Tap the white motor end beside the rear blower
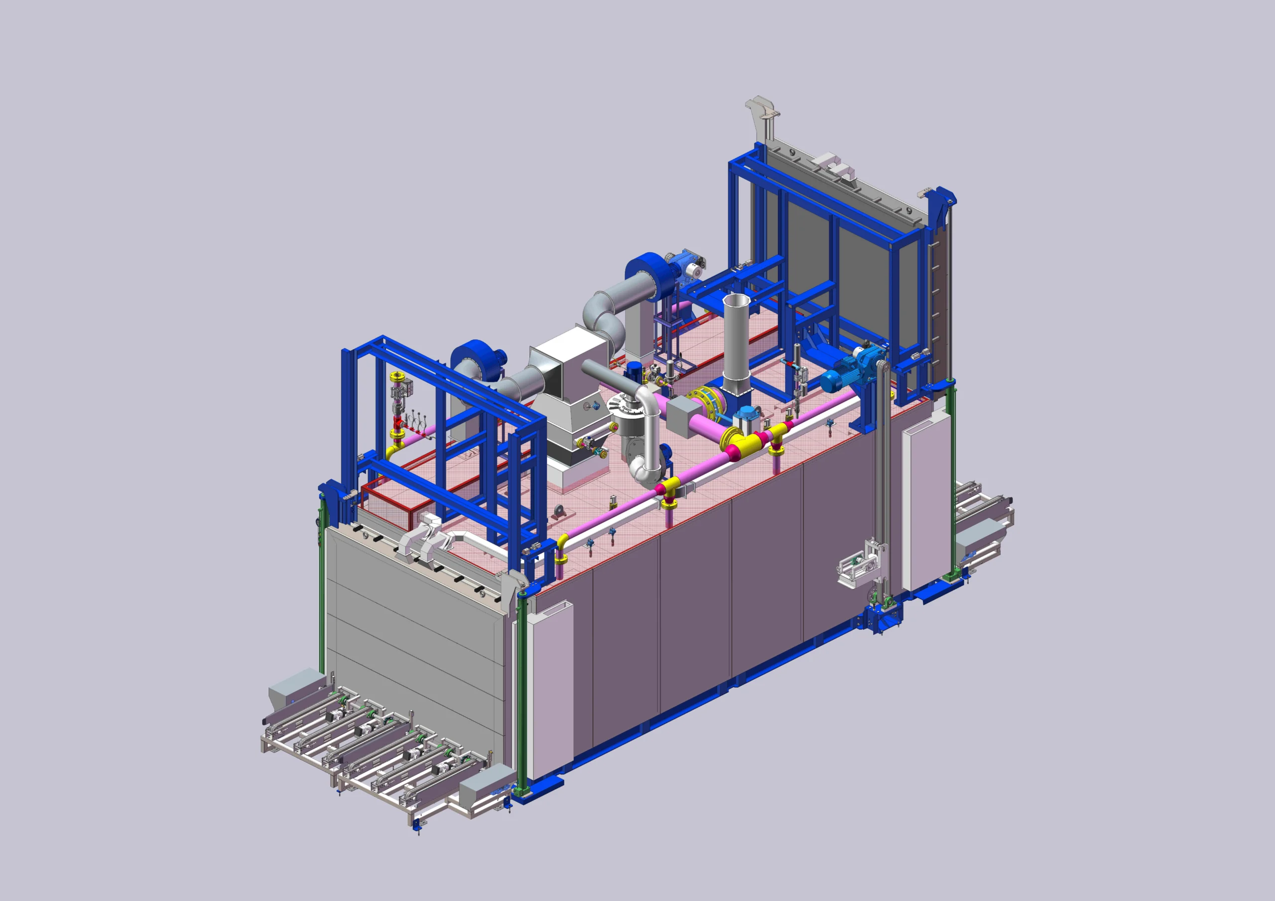click(692, 270)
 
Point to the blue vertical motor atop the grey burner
click(634, 370)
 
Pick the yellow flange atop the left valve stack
click(396, 377)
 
